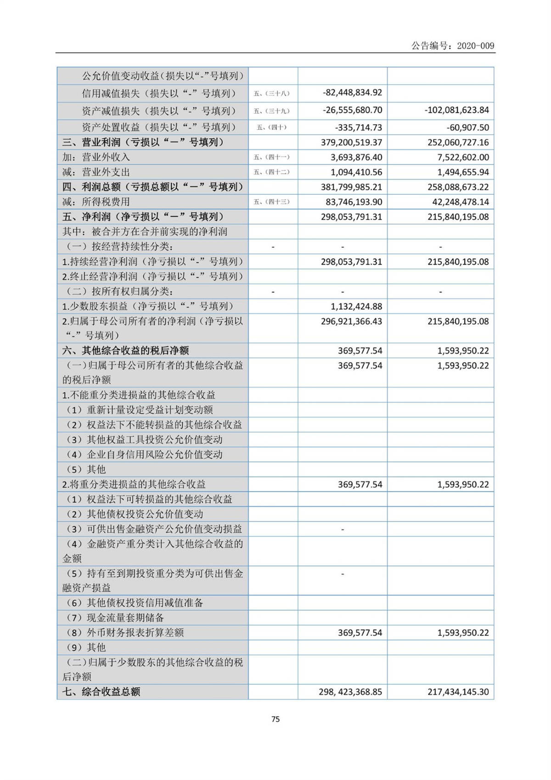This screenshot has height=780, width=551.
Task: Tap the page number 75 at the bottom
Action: [x=275, y=719]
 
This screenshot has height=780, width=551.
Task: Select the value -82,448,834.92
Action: [x=352, y=92]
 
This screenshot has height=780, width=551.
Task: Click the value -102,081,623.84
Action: [x=456, y=110]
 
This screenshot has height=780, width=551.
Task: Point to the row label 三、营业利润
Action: [x=143, y=142]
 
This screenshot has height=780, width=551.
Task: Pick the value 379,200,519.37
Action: [x=351, y=142]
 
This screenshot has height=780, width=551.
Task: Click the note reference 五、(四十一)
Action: [x=272, y=157]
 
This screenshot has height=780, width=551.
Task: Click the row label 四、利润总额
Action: [x=152, y=187]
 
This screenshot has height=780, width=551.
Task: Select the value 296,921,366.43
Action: [x=351, y=321]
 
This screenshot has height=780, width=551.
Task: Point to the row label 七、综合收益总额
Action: [x=101, y=691]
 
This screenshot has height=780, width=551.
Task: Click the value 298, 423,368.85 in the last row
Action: [x=350, y=692]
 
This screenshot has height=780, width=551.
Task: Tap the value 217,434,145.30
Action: [x=458, y=692]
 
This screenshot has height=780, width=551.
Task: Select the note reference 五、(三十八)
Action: [x=272, y=93]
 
